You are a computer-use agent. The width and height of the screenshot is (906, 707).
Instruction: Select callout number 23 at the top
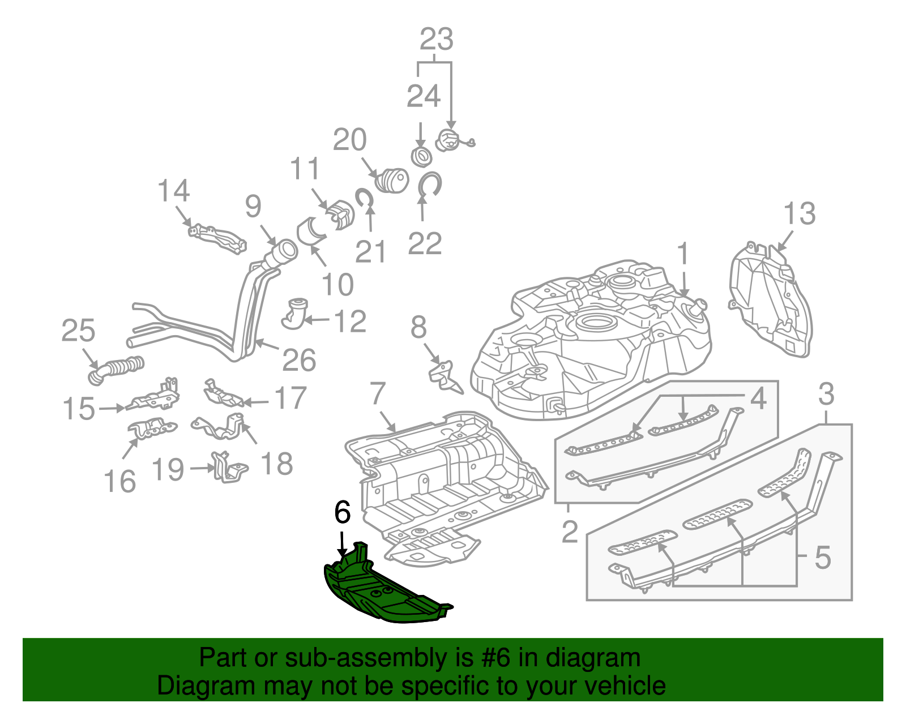point(436,40)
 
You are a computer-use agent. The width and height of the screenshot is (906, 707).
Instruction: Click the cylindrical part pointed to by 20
point(392,180)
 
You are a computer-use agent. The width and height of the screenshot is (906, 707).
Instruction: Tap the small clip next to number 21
point(363,197)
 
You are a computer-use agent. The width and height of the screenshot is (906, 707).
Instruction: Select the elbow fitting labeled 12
point(294,314)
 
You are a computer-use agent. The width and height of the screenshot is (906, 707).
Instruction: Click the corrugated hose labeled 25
point(116,368)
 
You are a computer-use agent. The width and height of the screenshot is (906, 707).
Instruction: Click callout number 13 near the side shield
point(799,214)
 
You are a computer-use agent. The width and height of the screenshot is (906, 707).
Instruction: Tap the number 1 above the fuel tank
point(683,253)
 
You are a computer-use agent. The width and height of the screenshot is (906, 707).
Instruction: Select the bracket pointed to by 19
point(228,468)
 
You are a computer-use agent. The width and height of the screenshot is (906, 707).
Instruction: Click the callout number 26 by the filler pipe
point(298,360)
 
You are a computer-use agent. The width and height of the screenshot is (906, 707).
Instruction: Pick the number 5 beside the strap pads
point(822,558)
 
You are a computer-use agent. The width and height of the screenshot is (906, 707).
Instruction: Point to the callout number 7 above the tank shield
point(378,393)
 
